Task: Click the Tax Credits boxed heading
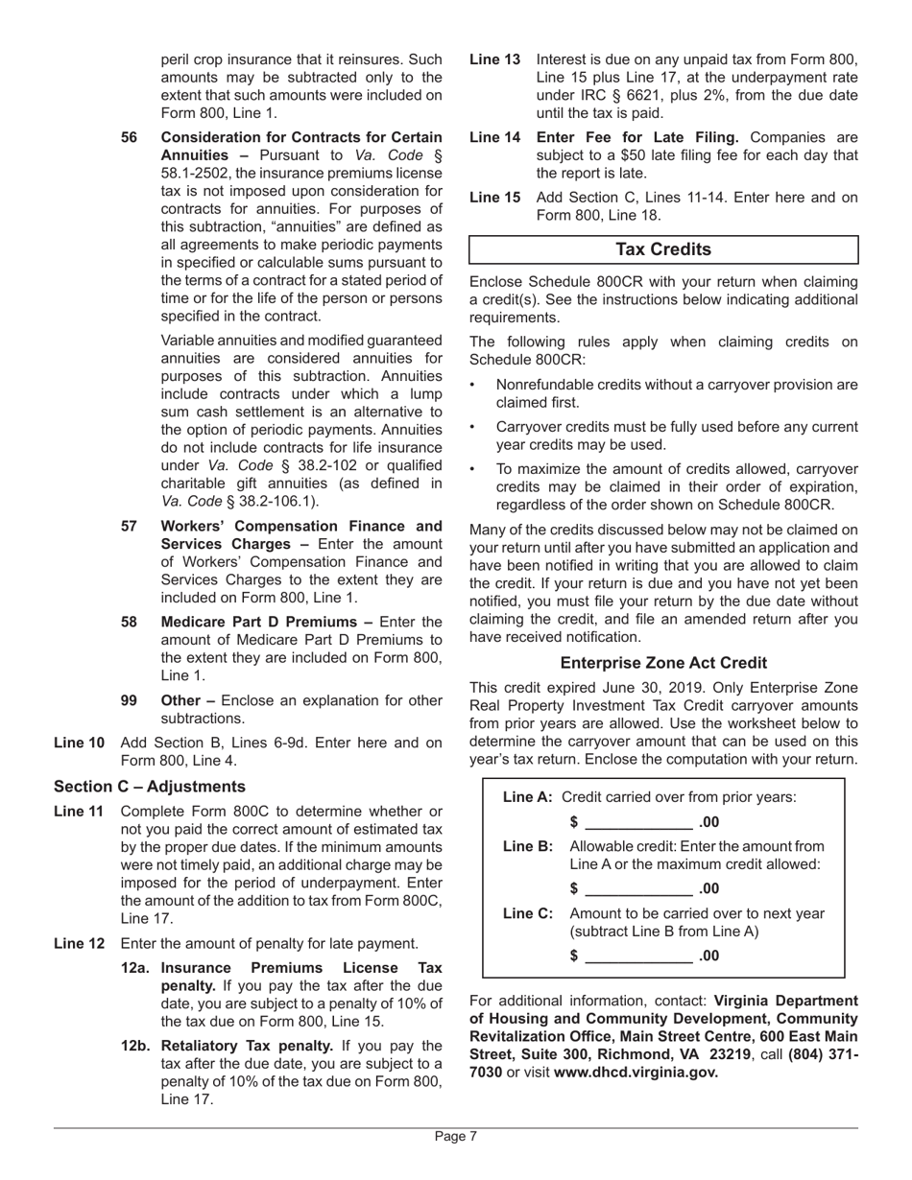coord(663,249)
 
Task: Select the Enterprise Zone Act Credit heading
coord(663,663)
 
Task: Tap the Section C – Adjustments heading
coord(150,787)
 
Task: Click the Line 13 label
coord(494,59)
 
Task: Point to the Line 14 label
coord(494,137)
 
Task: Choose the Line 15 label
coord(494,198)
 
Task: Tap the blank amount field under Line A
coord(637,822)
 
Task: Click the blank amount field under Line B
coord(637,888)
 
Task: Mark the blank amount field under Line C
coord(637,956)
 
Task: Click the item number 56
coord(130,137)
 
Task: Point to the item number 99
coord(130,700)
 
